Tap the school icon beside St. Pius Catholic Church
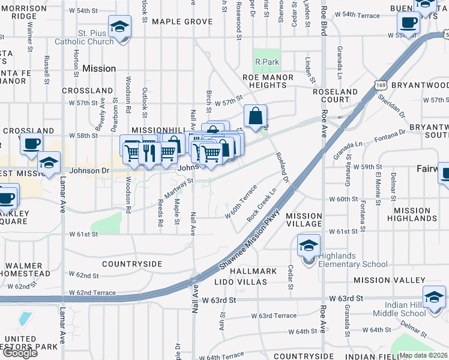coord(120,28)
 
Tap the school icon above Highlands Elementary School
coord(309,246)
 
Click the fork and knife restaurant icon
coord(148,153)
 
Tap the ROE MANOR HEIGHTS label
coord(268,82)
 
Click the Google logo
coord(19,353)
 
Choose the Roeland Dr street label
coord(283,167)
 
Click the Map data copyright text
coord(424,355)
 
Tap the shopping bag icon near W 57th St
coord(256,115)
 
